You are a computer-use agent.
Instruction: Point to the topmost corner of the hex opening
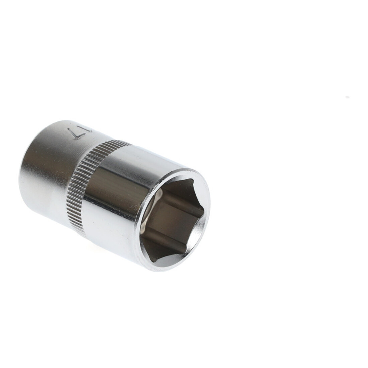pyautogui.click(x=193, y=180)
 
